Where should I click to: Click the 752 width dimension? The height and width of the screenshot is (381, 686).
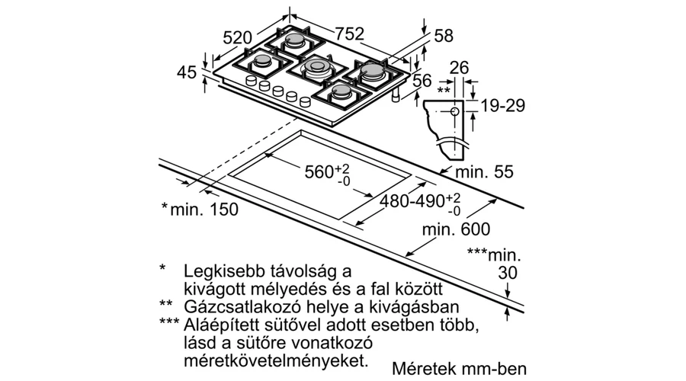pyautogui.click(x=350, y=34)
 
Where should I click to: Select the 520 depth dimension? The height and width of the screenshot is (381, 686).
pyautogui.click(x=238, y=37)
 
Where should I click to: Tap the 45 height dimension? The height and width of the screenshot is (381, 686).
pyautogui.click(x=187, y=72)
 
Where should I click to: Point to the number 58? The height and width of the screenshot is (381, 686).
pyautogui.click(x=444, y=36)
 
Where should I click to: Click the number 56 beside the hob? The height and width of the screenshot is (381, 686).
pyautogui.click(x=422, y=81)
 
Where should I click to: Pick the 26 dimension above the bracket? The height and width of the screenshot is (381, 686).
pyautogui.click(x=459, y=68)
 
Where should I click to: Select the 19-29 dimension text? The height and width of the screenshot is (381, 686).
pyautogui.click(x=503, y=105)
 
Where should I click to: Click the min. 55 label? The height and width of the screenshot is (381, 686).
pyautogui.click(x=484, y=171)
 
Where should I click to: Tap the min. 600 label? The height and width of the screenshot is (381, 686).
pyautogui.click(x=457, y=229)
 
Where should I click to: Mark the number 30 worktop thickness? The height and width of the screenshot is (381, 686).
pyautogui.click(x=508, y=273)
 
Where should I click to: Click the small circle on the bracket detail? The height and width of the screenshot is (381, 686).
pyautogui.click(x=455, y=111)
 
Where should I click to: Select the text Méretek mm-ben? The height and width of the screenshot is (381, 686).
pyautogui.click(x=460, y=369)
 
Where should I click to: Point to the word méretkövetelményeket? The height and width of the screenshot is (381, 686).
pyautogui.click(x=274, y=361)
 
